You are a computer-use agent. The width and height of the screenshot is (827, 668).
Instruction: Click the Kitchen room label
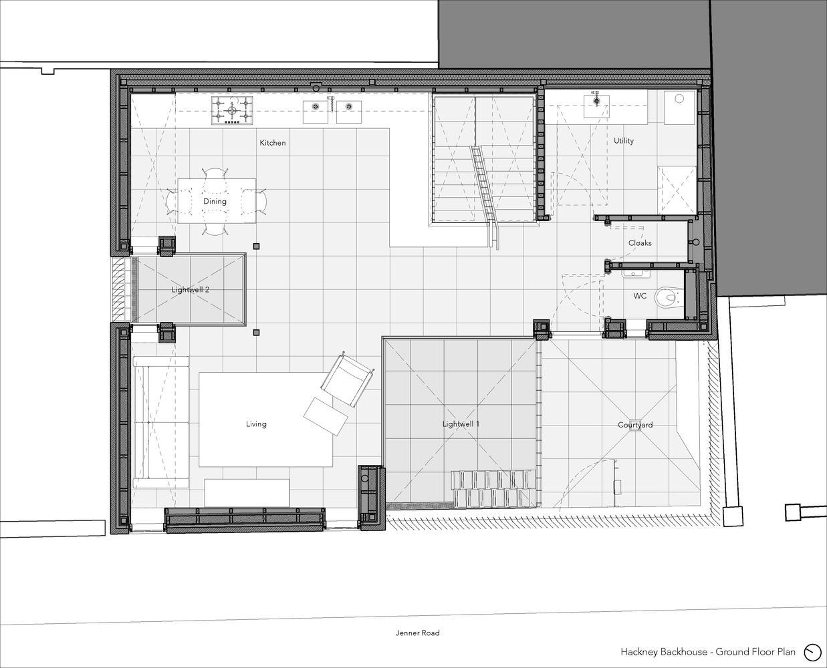[273, 143]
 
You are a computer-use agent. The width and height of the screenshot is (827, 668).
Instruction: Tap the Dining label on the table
[215, 201]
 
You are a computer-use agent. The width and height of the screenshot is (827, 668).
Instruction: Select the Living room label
[256, 424]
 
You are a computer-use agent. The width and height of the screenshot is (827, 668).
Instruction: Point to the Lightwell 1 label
[461, 424]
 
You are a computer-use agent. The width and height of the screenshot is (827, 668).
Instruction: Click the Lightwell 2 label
[191, 290]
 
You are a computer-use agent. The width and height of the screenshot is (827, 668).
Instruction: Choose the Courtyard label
[635, 425]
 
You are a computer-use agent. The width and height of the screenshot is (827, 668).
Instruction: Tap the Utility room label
[624, 141]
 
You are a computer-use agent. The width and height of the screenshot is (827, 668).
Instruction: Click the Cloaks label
[640, 243]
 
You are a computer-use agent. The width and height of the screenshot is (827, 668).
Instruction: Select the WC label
[640, 296]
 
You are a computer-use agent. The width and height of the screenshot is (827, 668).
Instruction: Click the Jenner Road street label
[417, 633]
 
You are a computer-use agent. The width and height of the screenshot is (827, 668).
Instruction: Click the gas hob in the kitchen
[233, 110]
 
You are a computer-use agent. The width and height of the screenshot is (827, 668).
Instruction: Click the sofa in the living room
[160, 423]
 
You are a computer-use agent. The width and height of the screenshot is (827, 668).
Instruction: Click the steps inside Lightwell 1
[493, 489]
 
